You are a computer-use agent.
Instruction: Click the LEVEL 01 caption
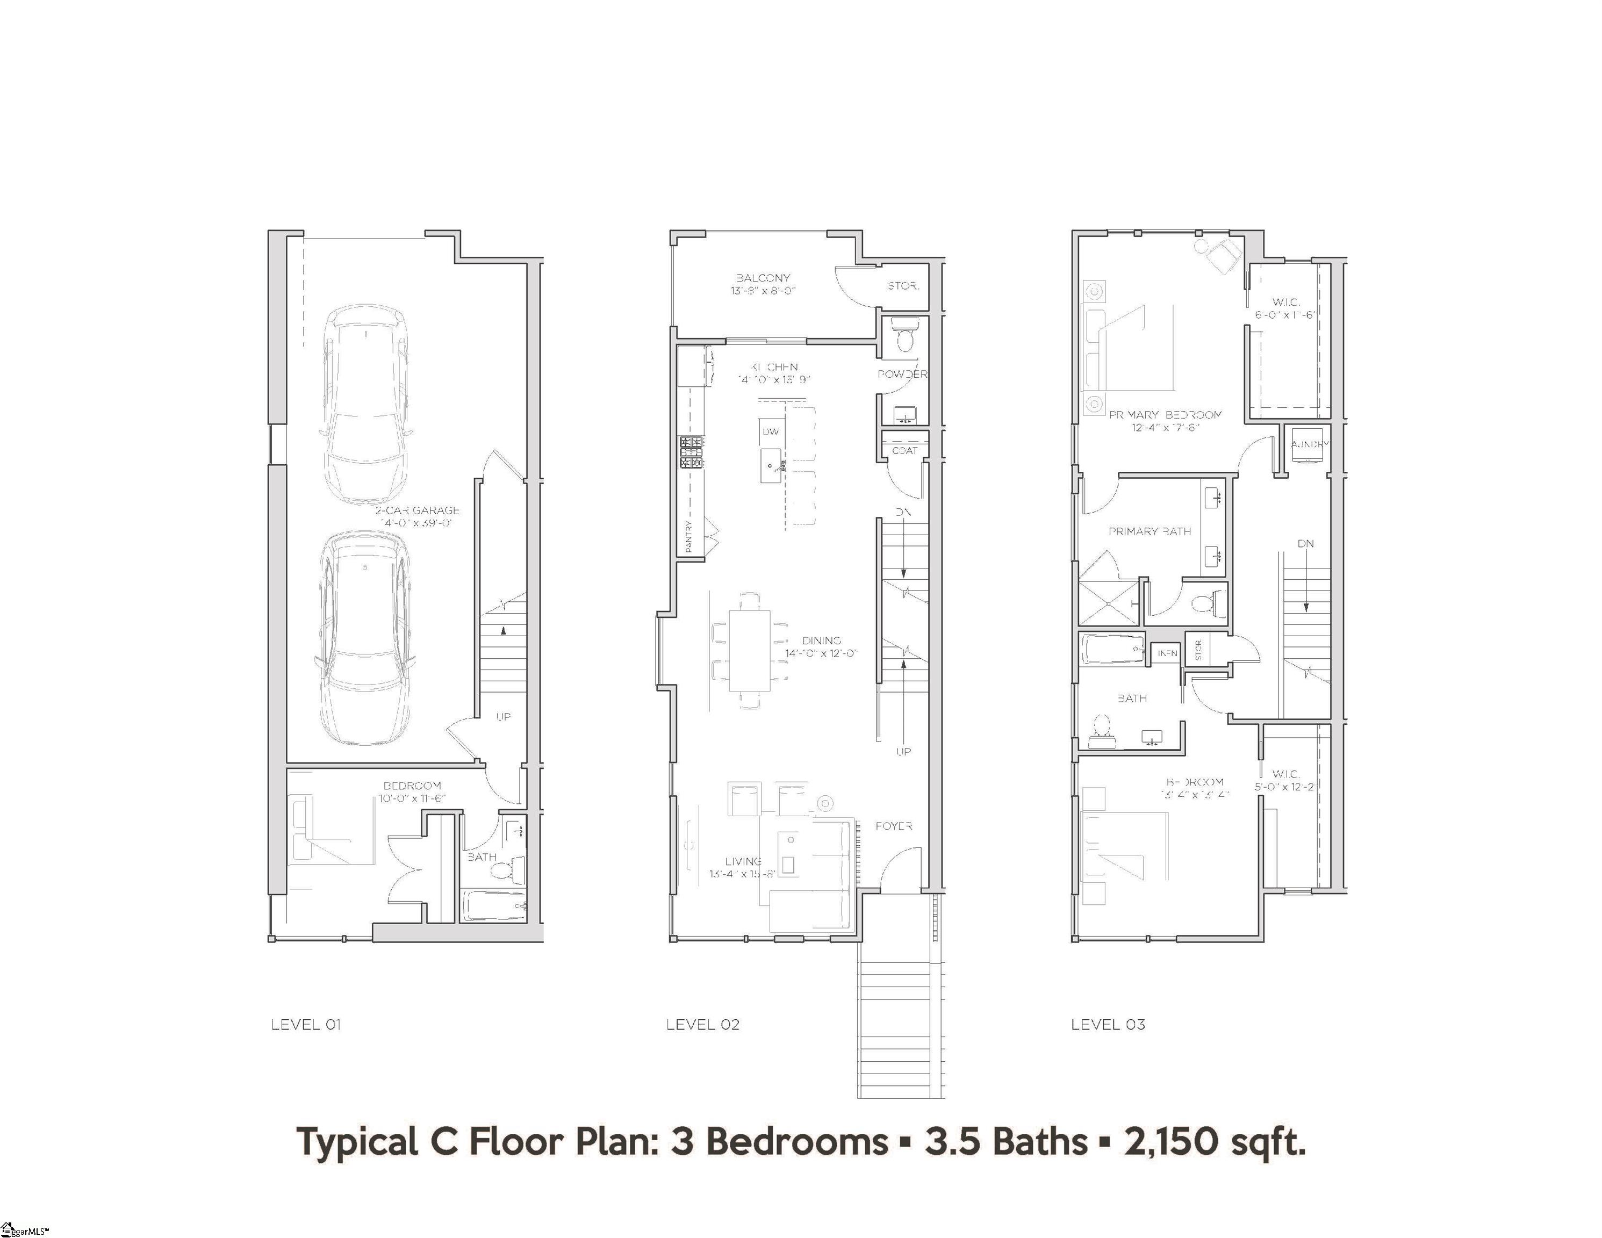[x=306, y=1025]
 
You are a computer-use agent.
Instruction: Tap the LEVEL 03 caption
[x=1108, y=1025]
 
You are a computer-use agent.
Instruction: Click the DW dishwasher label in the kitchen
[x=770, y=432]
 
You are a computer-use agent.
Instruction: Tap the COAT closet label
[x=904, y=450]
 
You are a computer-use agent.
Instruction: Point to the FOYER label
[x=893, y=826]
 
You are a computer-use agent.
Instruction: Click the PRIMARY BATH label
[x=1150, y=531]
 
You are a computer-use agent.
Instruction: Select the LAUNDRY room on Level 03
[x=1308, y=444]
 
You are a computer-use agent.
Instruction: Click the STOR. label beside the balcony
[x=903, y=286]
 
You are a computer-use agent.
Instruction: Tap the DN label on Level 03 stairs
[x=1306, y=543]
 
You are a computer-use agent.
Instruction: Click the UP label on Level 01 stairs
[x=503, y=717]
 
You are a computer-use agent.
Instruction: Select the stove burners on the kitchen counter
[x=692, y=452]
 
